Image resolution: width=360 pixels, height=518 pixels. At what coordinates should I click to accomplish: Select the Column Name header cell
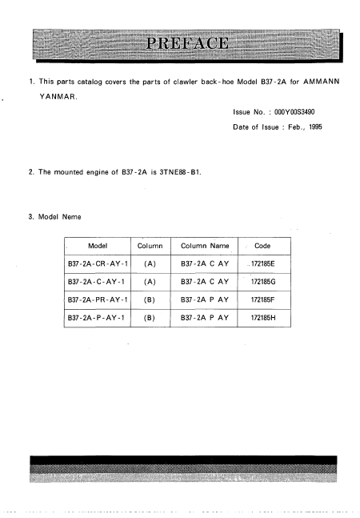click(x=205, y=246)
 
